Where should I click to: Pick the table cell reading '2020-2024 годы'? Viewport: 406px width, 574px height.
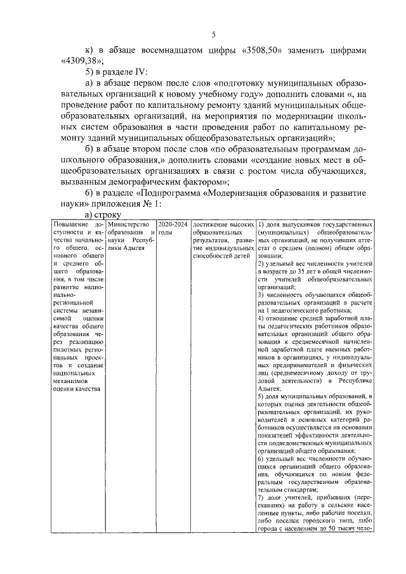click(x=173, y=228)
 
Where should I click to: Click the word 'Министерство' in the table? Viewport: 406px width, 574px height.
click(x=129, y=225)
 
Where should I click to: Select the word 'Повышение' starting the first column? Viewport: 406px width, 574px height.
click(x=72, y=225)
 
